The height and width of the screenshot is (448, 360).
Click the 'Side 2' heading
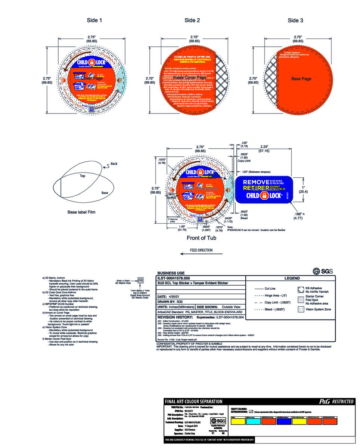192,20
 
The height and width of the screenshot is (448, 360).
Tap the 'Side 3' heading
295,20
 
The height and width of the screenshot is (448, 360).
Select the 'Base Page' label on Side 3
301,79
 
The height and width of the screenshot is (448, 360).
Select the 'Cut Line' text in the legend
270,289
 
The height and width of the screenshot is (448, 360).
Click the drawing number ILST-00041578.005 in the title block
174,278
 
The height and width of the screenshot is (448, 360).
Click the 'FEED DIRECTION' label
201,250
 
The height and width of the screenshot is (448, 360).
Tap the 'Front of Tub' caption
201,238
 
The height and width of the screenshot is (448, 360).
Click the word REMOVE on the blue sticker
256,182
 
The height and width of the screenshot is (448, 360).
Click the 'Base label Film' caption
81,212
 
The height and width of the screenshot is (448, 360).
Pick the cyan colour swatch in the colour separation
253,421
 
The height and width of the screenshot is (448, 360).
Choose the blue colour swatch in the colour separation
284,421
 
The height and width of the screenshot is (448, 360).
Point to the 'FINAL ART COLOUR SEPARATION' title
193,401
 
